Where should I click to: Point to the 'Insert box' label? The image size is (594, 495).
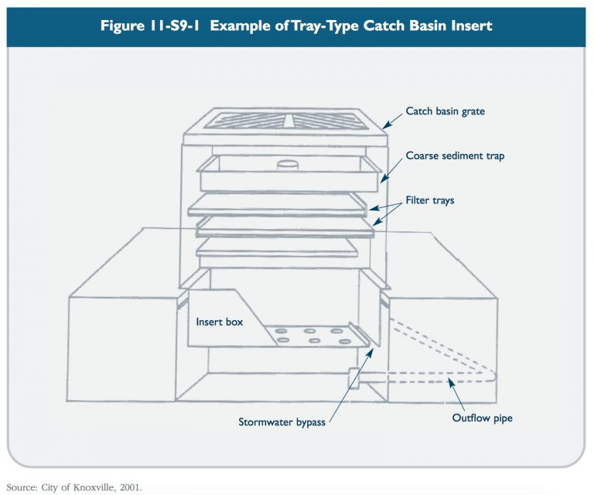coord(219,322)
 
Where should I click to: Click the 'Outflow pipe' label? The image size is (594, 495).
coord(483,418)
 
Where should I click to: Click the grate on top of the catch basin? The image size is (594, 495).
coord(286,121)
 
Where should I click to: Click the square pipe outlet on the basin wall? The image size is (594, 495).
coord(355,377)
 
